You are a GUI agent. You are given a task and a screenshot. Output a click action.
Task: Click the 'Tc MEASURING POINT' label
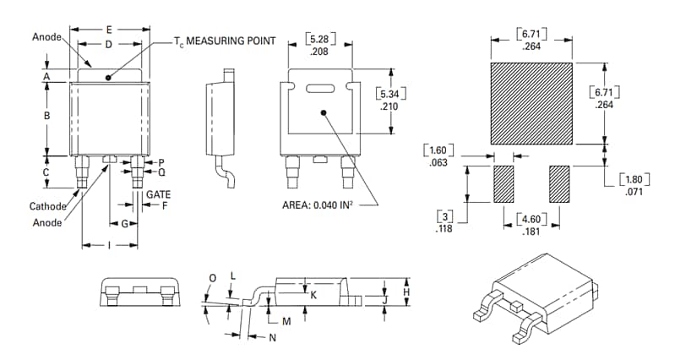coord(224,41)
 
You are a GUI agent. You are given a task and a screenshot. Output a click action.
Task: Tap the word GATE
coord(158,194)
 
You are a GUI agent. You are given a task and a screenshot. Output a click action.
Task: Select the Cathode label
coord(48,206)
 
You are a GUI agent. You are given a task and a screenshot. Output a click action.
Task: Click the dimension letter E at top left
coord(109,30)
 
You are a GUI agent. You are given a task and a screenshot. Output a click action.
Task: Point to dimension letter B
coord(47,116)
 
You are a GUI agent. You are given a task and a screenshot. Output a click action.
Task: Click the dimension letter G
coord(124,224)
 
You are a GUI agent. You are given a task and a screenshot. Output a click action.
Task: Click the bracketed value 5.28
coord(320,39)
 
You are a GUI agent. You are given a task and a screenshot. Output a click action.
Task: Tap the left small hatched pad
coord(504,184)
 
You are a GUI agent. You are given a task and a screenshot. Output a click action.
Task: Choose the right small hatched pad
coord(559,184)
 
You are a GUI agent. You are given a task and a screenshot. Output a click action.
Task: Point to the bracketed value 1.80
coord(634,179)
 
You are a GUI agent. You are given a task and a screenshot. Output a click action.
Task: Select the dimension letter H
coord(406,292)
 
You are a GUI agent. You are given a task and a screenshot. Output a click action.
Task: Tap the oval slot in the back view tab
coord(320,87)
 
